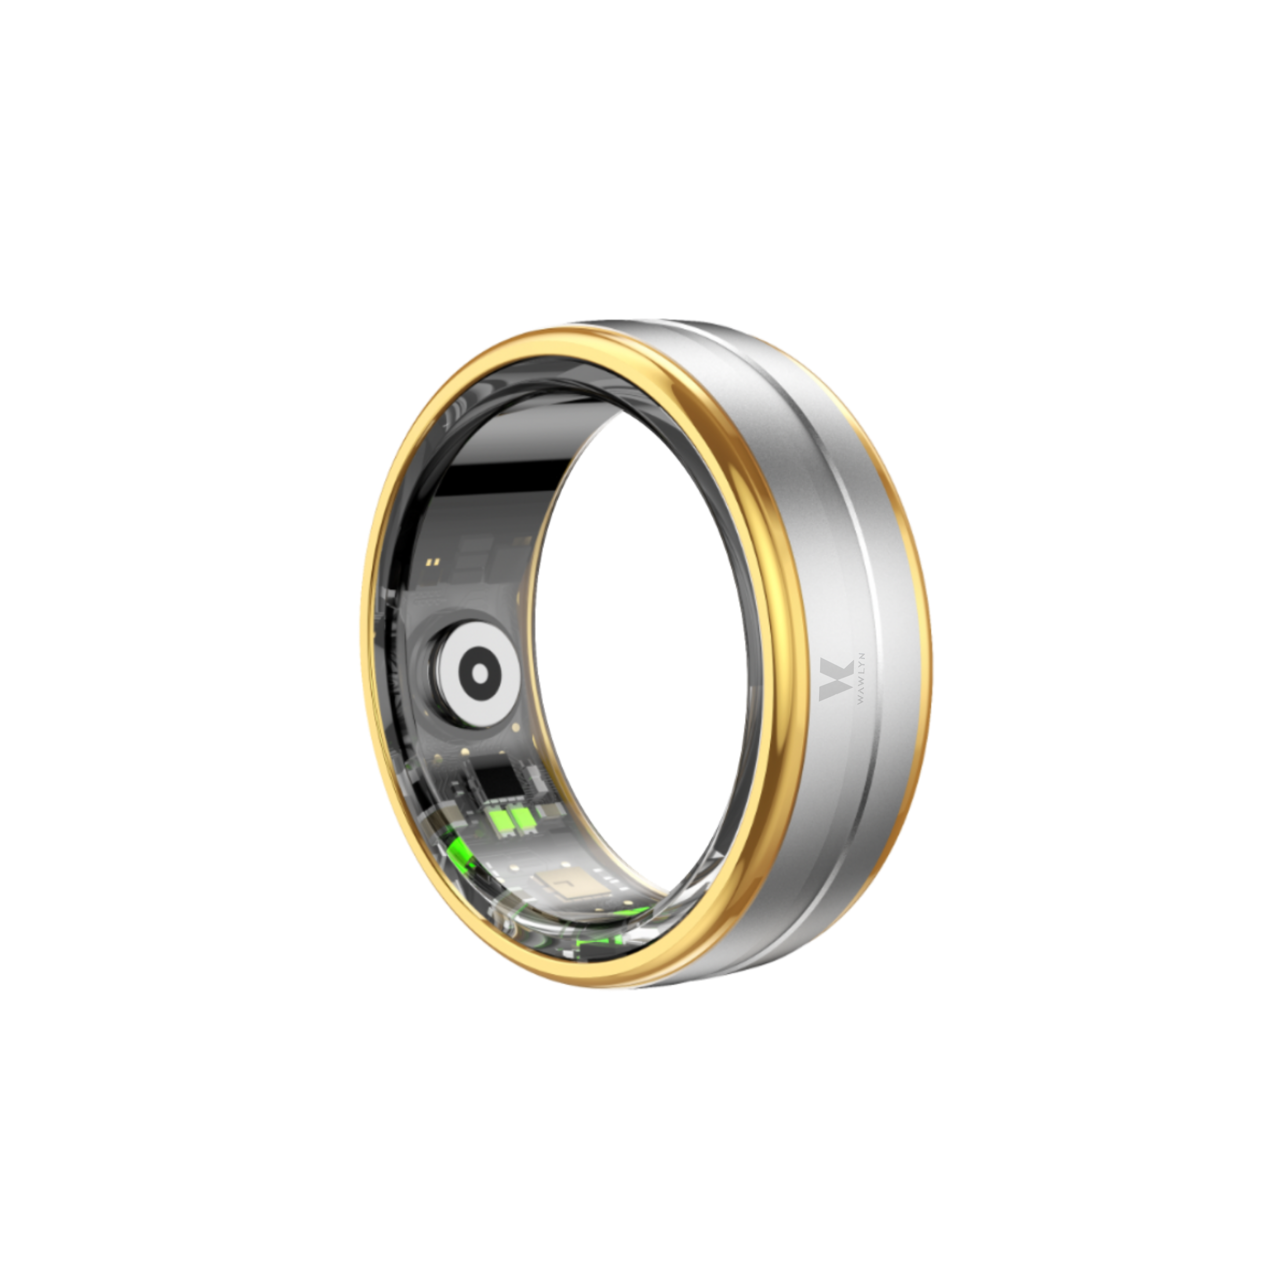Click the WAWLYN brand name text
[x=861, y=680]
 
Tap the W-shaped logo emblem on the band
[x=836, y=680]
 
